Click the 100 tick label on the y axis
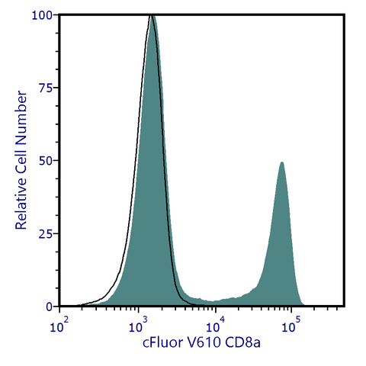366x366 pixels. [43, 14]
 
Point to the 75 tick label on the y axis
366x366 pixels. [46, 88]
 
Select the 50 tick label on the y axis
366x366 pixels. [46, 161]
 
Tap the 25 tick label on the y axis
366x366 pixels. [46, 233]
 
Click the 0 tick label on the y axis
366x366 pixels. [49, 307]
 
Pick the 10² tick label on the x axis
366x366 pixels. [59, 326]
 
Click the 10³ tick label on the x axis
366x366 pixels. [136, 326]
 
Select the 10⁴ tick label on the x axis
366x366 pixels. [213, 326]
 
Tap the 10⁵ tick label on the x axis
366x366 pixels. [291, 326]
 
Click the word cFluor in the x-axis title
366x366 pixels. [162, 344]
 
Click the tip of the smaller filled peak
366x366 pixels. [281, 162]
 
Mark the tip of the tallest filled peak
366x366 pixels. [153, 17]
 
